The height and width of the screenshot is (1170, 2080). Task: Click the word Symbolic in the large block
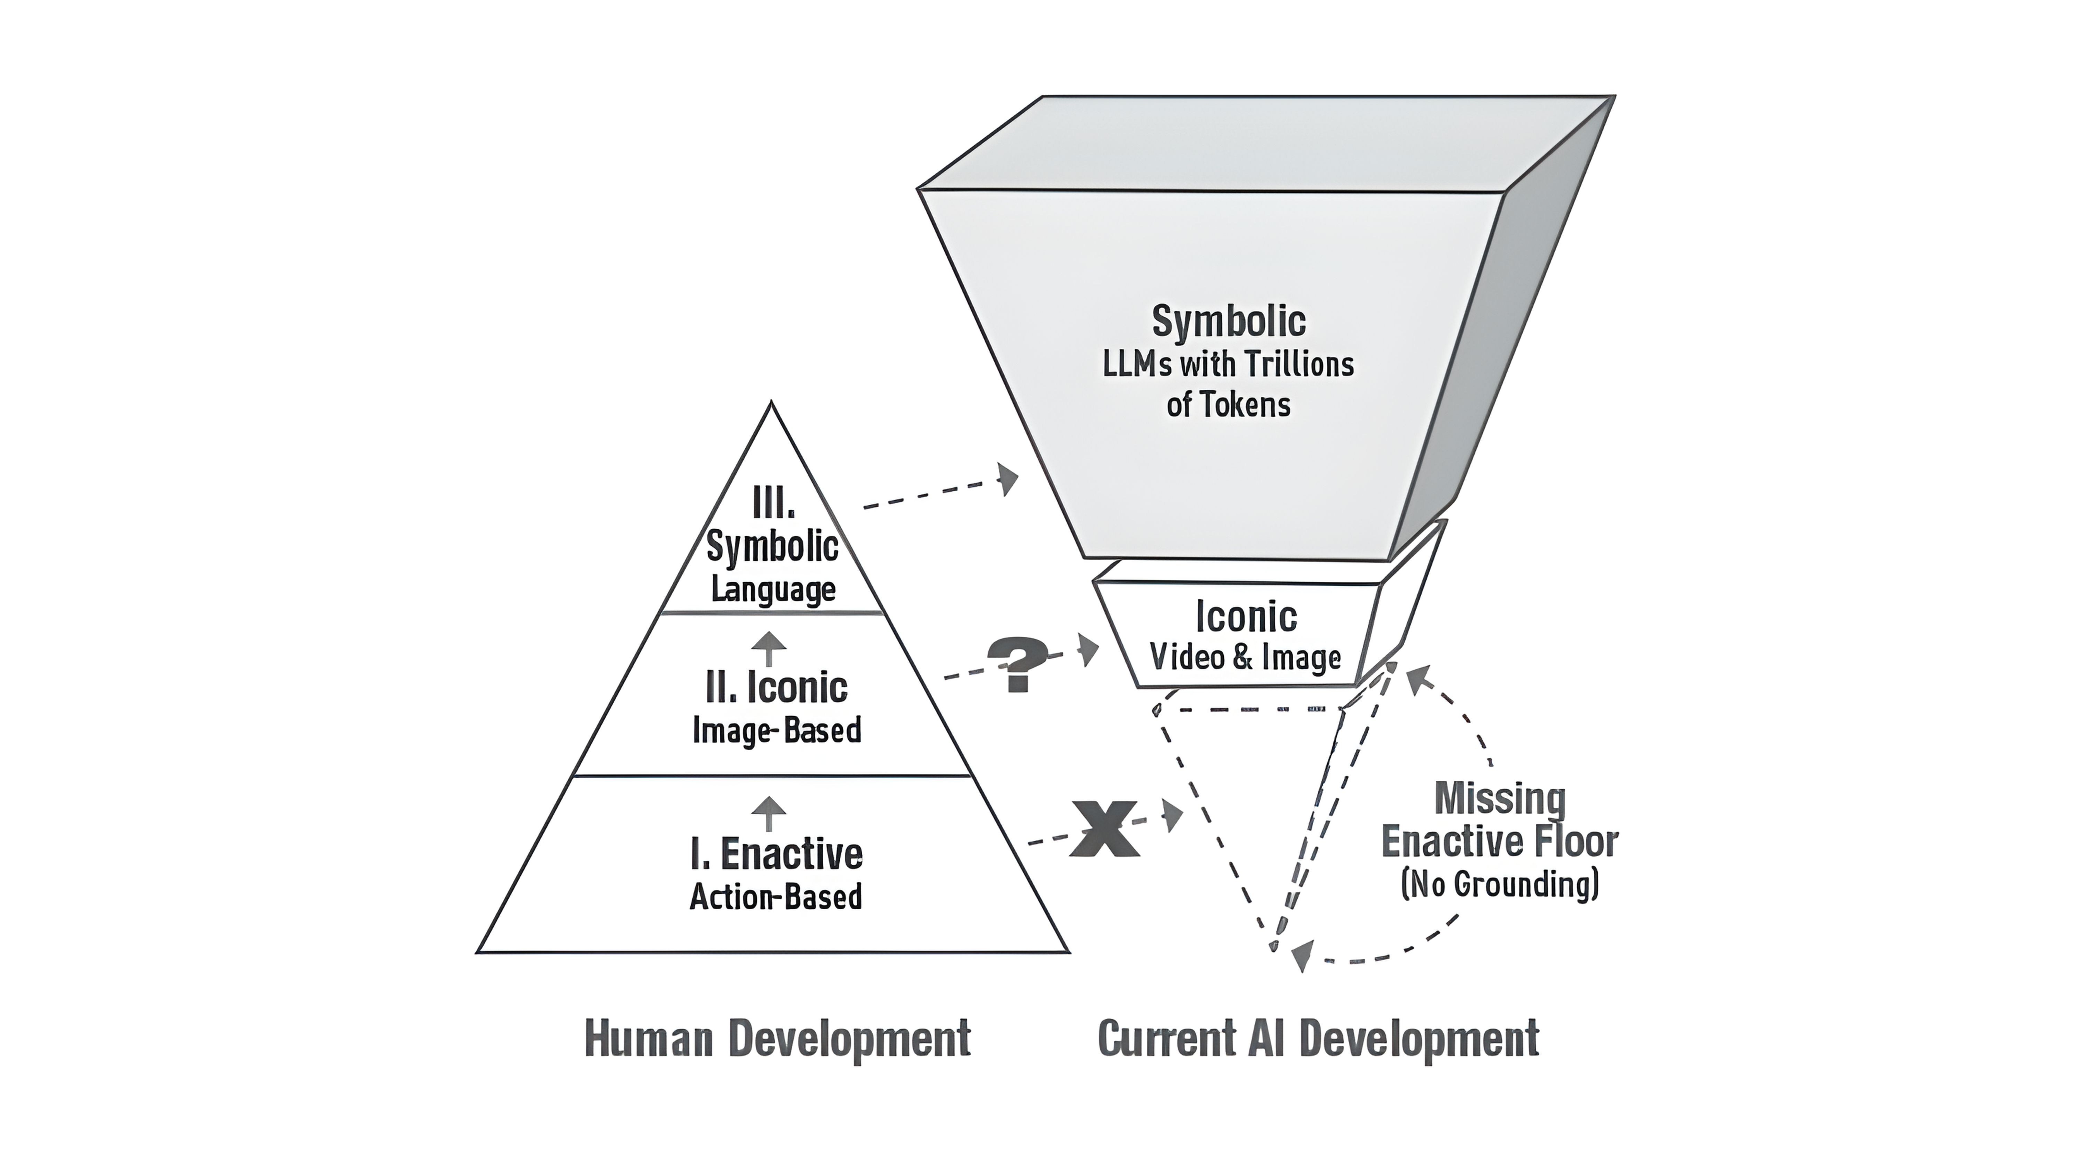(1228, 321)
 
